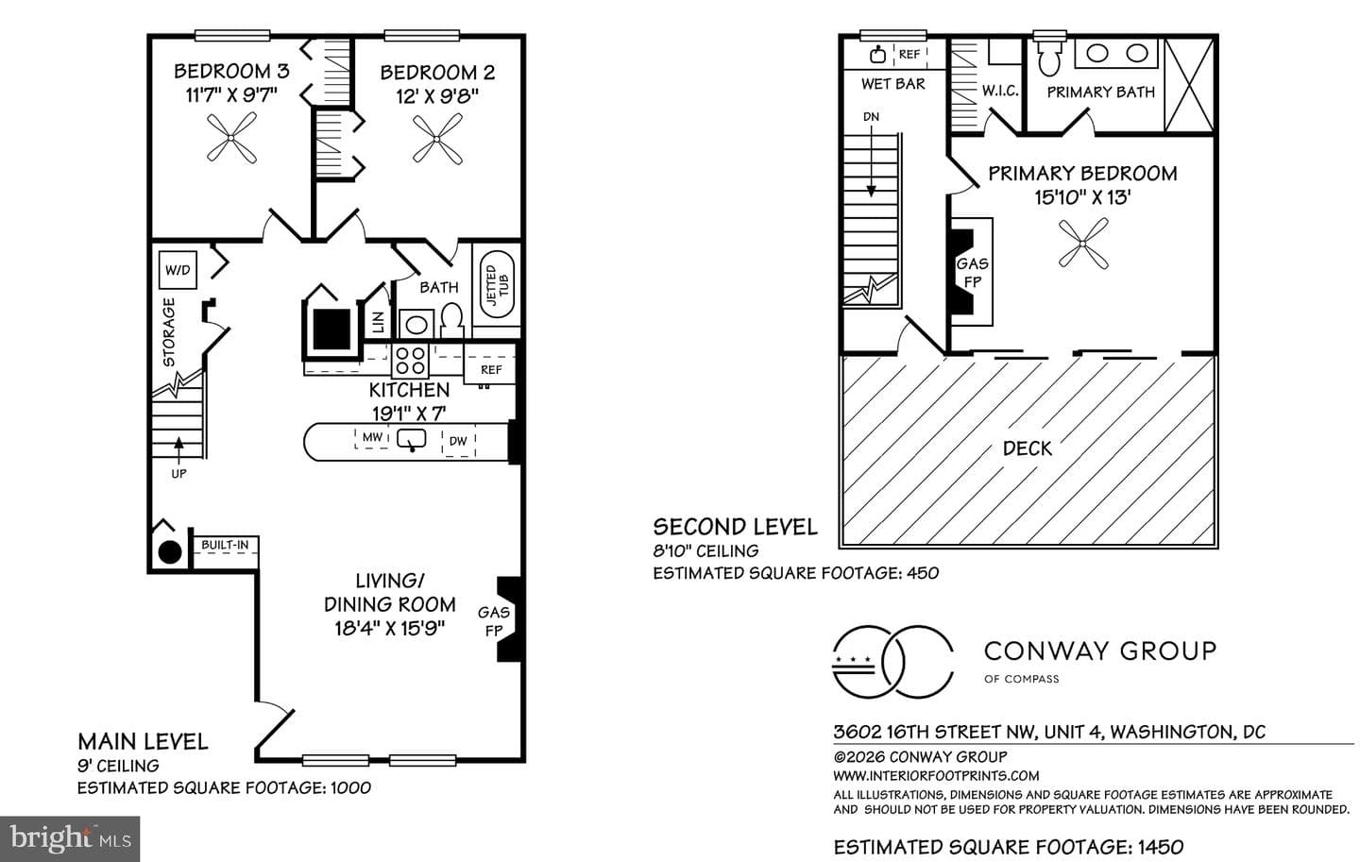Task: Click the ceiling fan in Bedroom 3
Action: (x=231, y=139)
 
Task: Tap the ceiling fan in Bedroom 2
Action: (x=437, y=139)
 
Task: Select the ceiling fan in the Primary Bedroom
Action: (x=1083, y=244)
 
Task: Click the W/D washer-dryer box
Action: (x=178, y=269)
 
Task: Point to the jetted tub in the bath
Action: (x=497, y=284)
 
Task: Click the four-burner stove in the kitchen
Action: (x=410, y=361)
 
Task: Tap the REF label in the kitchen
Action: (x=491, y=370)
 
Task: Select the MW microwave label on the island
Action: (x=372, y=437)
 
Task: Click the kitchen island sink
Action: (x=411, y=440)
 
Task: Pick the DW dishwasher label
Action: (x=458, y=441)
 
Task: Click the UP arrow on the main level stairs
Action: (x=178, y=448)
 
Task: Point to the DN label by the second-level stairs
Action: (x=871, y=116)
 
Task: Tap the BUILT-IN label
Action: (x=225, y=545)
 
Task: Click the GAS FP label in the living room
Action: (x=494, y=621)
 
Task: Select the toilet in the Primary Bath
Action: (x=1050, y=56)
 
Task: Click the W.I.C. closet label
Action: (x=1000, y=91)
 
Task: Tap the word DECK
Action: (x=1028, y=448)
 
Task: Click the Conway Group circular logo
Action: (x=892, y=661)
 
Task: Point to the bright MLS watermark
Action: (x=70, y=839)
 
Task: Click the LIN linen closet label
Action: (x=378, y=322)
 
